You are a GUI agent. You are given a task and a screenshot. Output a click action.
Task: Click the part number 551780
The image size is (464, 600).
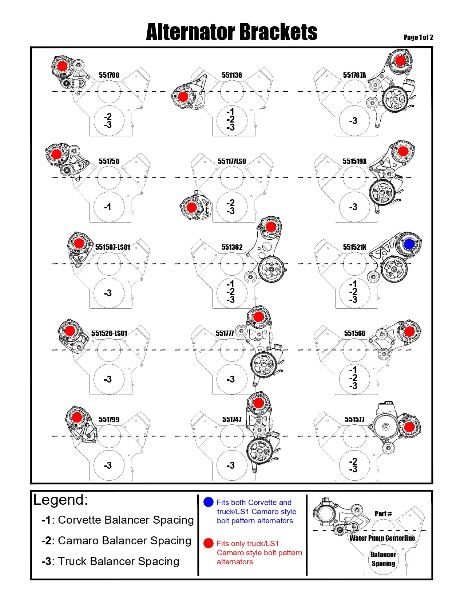[109, 75]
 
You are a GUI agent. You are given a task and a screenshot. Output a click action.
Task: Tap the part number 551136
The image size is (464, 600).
[232, 75]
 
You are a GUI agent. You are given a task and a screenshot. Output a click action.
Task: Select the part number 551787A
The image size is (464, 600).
[354, 75]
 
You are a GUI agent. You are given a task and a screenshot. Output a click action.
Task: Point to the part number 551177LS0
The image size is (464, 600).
[232, 161]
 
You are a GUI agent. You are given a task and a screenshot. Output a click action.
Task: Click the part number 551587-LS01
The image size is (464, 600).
[113, 247]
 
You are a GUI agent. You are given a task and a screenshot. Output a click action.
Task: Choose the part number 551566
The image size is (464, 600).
[354, 333]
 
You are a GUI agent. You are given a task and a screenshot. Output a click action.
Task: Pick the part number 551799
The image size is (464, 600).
[109, 419]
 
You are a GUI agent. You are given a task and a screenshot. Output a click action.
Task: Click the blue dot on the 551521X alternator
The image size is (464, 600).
[409, 244]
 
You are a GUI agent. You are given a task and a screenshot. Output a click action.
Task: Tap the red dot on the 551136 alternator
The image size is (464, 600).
[183, 97]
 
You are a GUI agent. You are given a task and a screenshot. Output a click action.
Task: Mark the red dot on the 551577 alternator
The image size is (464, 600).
[409, 427]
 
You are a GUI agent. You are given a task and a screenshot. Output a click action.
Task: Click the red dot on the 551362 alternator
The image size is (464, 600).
[270, 227]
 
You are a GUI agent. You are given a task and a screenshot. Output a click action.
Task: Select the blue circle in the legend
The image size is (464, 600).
[209, 502]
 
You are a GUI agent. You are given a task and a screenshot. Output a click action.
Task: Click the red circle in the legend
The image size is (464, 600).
[209, 543]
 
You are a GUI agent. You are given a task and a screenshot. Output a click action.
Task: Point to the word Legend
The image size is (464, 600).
[60, 500]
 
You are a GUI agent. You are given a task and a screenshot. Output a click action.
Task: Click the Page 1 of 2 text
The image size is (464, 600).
[419, 37]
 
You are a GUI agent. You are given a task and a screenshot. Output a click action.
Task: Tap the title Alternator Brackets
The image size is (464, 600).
[231, 32]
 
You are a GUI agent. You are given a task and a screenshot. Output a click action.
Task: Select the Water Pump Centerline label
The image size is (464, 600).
[382, 538]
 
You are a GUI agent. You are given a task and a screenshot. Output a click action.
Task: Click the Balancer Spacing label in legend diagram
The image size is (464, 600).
[383, 559]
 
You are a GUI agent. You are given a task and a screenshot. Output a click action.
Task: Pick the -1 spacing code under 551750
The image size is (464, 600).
[107, 207]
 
